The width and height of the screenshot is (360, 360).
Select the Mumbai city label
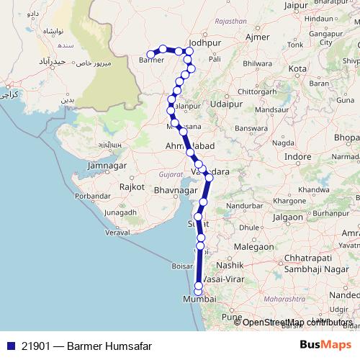pos(199,298)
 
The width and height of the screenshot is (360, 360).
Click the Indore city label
pos(298,156)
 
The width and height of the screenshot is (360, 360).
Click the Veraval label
pos(118,233)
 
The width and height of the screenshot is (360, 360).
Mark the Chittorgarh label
pos(267,92)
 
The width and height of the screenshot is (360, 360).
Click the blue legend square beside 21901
pos(9,346)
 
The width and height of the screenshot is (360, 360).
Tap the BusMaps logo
pos(325,345)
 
